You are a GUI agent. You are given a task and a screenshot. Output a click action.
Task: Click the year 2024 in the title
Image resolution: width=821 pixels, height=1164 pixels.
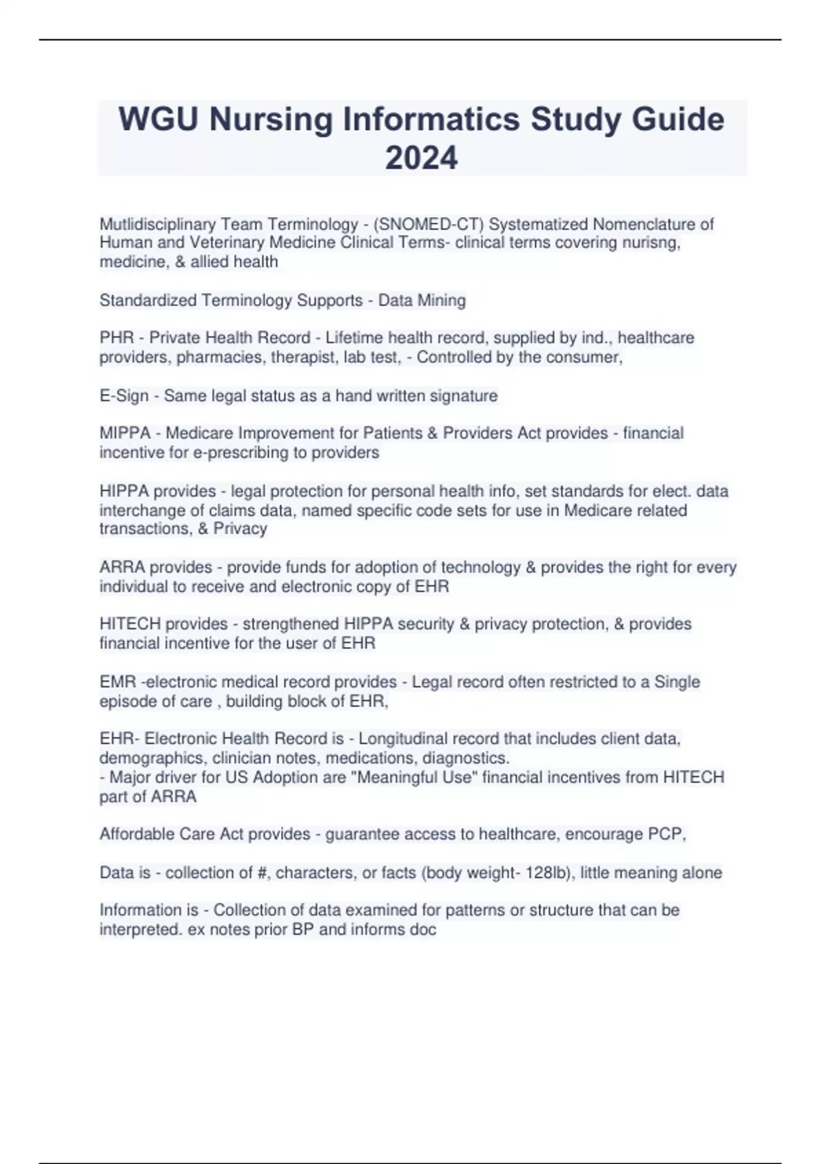pyautogui.click(x=421, y=158)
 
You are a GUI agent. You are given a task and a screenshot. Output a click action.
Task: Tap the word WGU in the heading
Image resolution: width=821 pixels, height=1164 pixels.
pyautogui.click(x=158, y=119)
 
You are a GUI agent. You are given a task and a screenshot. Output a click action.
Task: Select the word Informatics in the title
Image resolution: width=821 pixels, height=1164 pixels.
pyautogui.click(x=428, y=119)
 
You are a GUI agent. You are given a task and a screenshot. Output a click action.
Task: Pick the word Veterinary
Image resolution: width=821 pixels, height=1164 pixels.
pyautogui.click(x=227, y=242)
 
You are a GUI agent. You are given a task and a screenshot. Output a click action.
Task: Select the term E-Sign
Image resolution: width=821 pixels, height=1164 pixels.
pyautogui.click(x=124, y=396)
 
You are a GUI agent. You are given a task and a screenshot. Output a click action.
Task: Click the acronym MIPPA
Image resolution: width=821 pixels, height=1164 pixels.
pyautogui.click(x=125, y=433)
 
